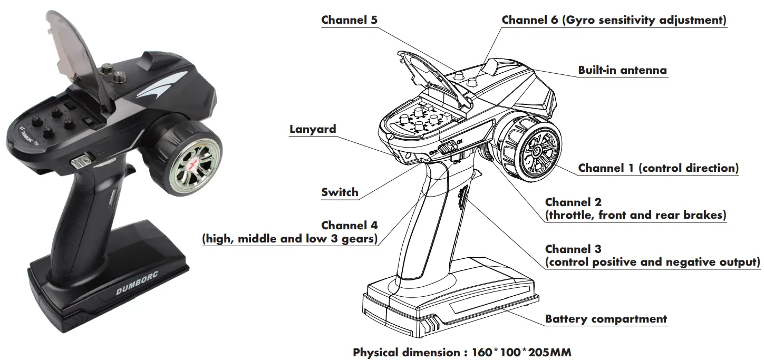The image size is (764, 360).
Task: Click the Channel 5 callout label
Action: (349, 20)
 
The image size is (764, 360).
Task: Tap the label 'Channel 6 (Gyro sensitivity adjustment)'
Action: (614, 20)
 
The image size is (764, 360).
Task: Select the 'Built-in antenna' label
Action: (622, 70)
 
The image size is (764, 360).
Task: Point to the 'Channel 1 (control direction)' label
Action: (658, 168)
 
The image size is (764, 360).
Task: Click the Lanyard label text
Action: (313, 129)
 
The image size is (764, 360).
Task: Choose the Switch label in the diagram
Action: (340, 192)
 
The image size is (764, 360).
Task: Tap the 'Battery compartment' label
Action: (606, 319)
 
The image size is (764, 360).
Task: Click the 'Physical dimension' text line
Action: (461, 352)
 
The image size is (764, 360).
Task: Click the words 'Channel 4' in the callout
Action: (349, 225)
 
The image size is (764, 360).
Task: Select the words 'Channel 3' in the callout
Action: (573, 249)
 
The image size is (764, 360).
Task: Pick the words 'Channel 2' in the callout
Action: (573, 202)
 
